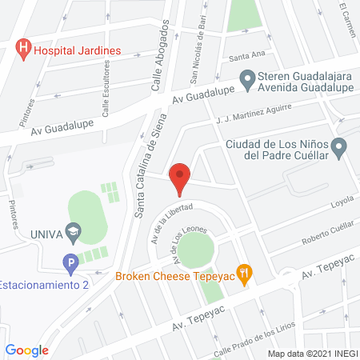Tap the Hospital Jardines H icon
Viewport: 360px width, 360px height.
click(24, 50)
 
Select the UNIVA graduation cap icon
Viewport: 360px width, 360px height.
click(74, 234)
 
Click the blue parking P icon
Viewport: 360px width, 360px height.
click(70, 262)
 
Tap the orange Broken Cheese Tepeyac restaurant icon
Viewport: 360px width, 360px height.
click(246, 273)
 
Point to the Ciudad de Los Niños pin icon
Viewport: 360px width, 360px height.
click(339, 147)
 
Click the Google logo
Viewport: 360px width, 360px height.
click(26, 350)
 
